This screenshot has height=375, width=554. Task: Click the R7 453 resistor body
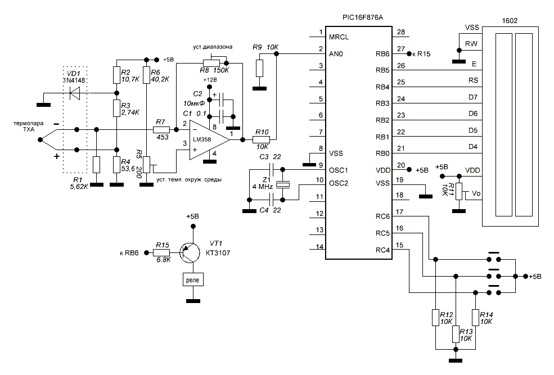click(x=161, y=129)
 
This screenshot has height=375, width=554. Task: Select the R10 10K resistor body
click(x=262, y=138)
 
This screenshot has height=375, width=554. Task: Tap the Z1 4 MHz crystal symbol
click(x=285, y=184)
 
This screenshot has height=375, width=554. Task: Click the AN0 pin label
click(x=336, y=54)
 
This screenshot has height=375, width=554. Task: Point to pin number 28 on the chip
click(x=400, y=32)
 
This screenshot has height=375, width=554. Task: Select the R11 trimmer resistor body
click(x=459, y=191)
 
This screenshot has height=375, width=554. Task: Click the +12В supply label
click(x=209, y=80)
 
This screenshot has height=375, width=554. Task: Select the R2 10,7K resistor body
click(x=116, y=74)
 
